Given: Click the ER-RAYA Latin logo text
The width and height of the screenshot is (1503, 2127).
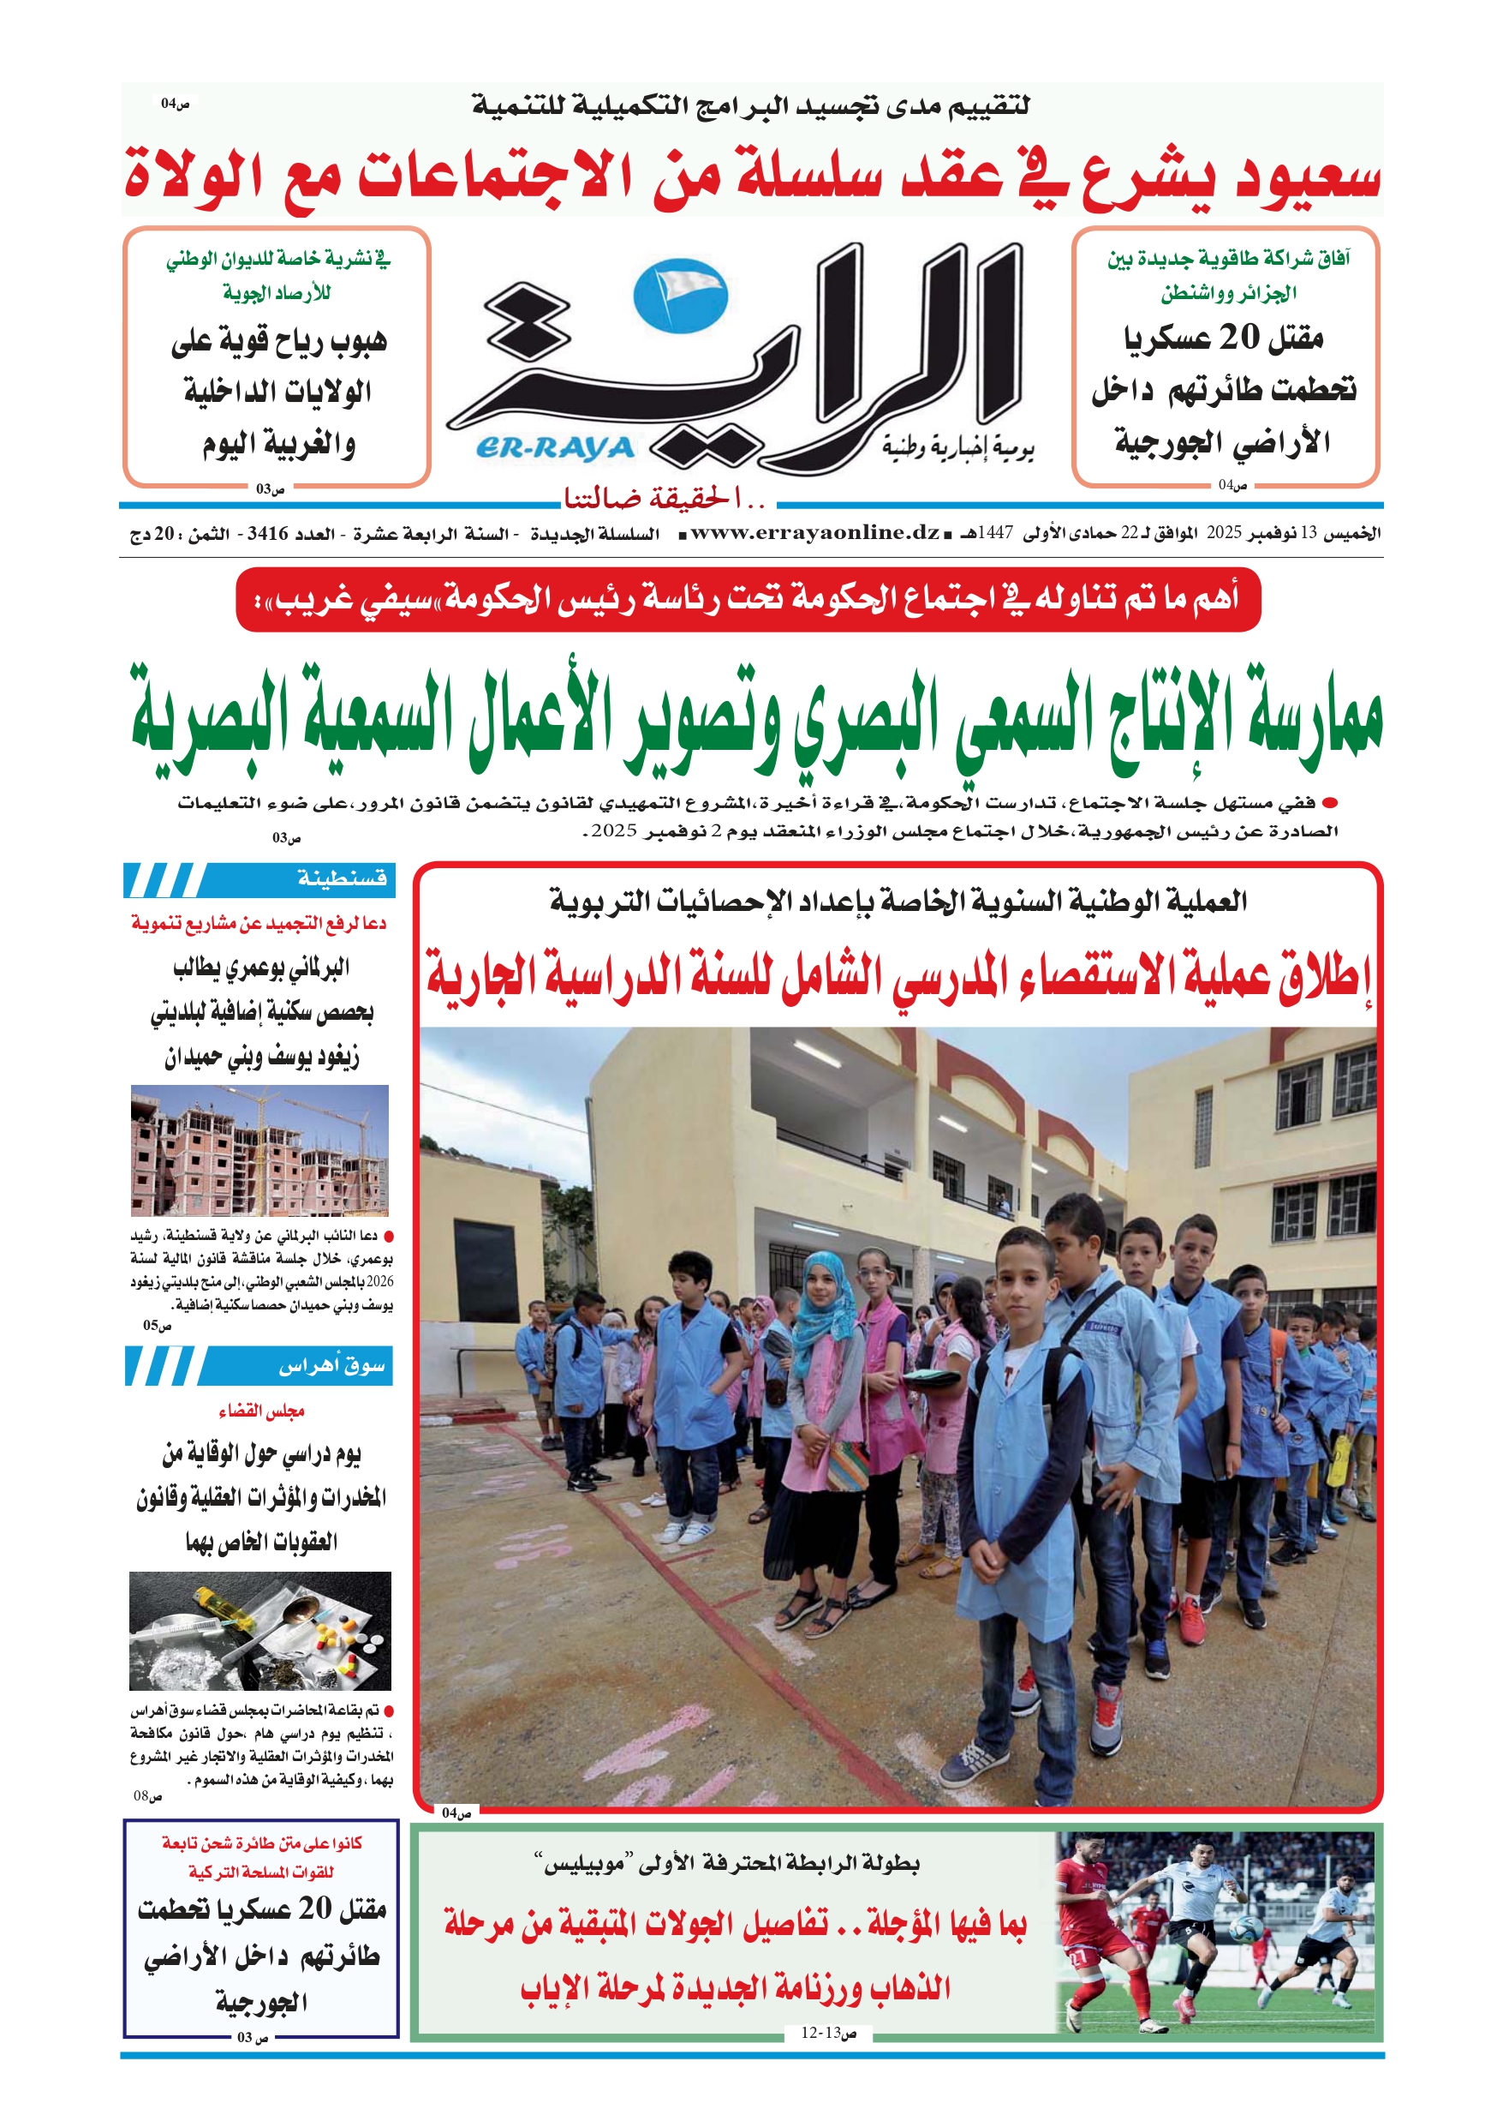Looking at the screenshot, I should (x=556, y=448).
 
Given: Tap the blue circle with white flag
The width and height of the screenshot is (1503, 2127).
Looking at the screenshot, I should (x=681, y=296).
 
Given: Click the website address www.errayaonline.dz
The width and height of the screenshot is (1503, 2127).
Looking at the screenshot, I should (x=815, y=533).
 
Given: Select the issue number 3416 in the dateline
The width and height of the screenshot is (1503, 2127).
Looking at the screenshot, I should (x=266, y=534).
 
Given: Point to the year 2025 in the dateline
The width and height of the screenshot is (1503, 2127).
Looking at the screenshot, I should (x=1223, y=533).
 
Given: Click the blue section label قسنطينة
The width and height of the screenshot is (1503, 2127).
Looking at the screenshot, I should (x=342, y=878).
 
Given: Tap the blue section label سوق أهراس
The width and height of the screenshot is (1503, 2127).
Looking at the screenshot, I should (x=331, y=1365).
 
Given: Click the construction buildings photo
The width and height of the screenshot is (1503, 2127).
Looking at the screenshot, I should (x=259, y=1151).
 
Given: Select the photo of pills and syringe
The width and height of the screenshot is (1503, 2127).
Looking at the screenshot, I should (x=260, y=1631).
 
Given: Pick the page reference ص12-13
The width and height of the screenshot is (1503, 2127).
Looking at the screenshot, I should (x=828, y=2034).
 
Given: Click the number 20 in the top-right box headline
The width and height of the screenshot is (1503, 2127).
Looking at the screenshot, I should (x=1238, y=339).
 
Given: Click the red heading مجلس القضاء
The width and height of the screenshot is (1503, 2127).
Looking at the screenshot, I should (x=261, y=1411).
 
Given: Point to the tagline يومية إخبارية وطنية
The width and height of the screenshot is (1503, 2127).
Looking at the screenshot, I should (x=957, y=448).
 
